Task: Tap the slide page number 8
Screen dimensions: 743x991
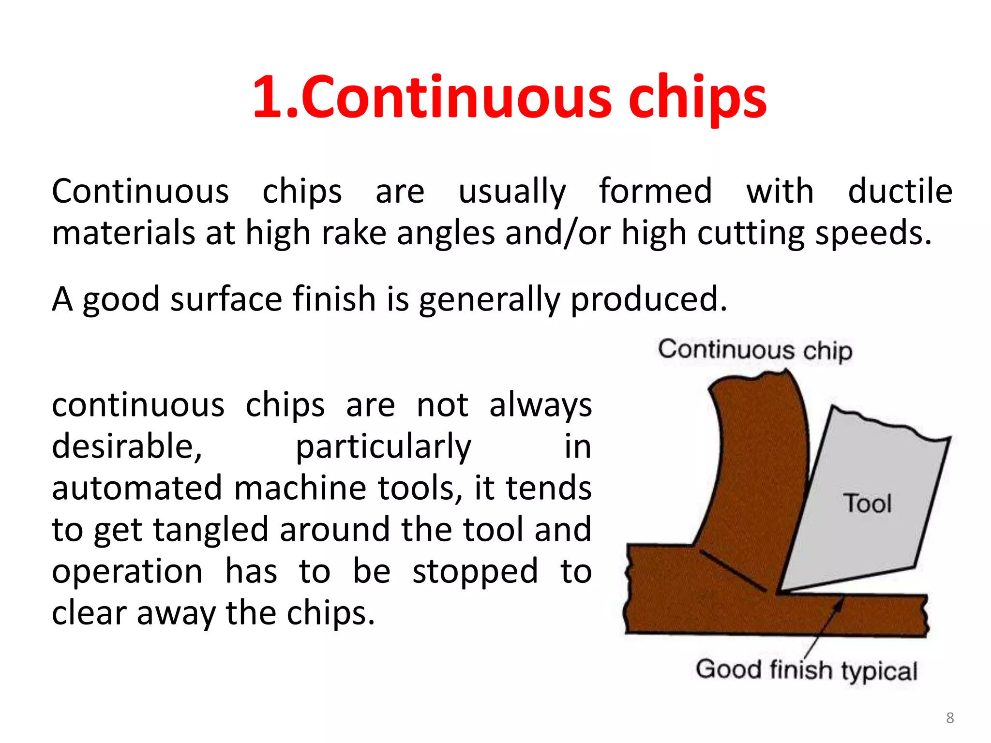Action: pos(950,717)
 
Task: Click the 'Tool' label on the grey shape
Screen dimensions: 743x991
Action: pos(867,503)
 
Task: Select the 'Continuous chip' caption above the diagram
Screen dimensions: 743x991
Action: pos(755,350)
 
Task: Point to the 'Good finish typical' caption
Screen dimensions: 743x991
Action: pos(806,670)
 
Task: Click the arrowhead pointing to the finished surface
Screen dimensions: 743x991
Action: pos(840,603)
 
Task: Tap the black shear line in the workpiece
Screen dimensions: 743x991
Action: pos(733,571)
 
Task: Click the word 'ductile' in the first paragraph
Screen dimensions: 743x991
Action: pos(900,191)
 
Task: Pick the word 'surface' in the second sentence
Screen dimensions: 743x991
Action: pos(226,299)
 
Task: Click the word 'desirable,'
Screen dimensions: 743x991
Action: pos(127,446)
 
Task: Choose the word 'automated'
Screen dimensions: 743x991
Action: pos(137,488)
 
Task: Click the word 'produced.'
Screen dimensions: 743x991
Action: pos(649,299)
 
